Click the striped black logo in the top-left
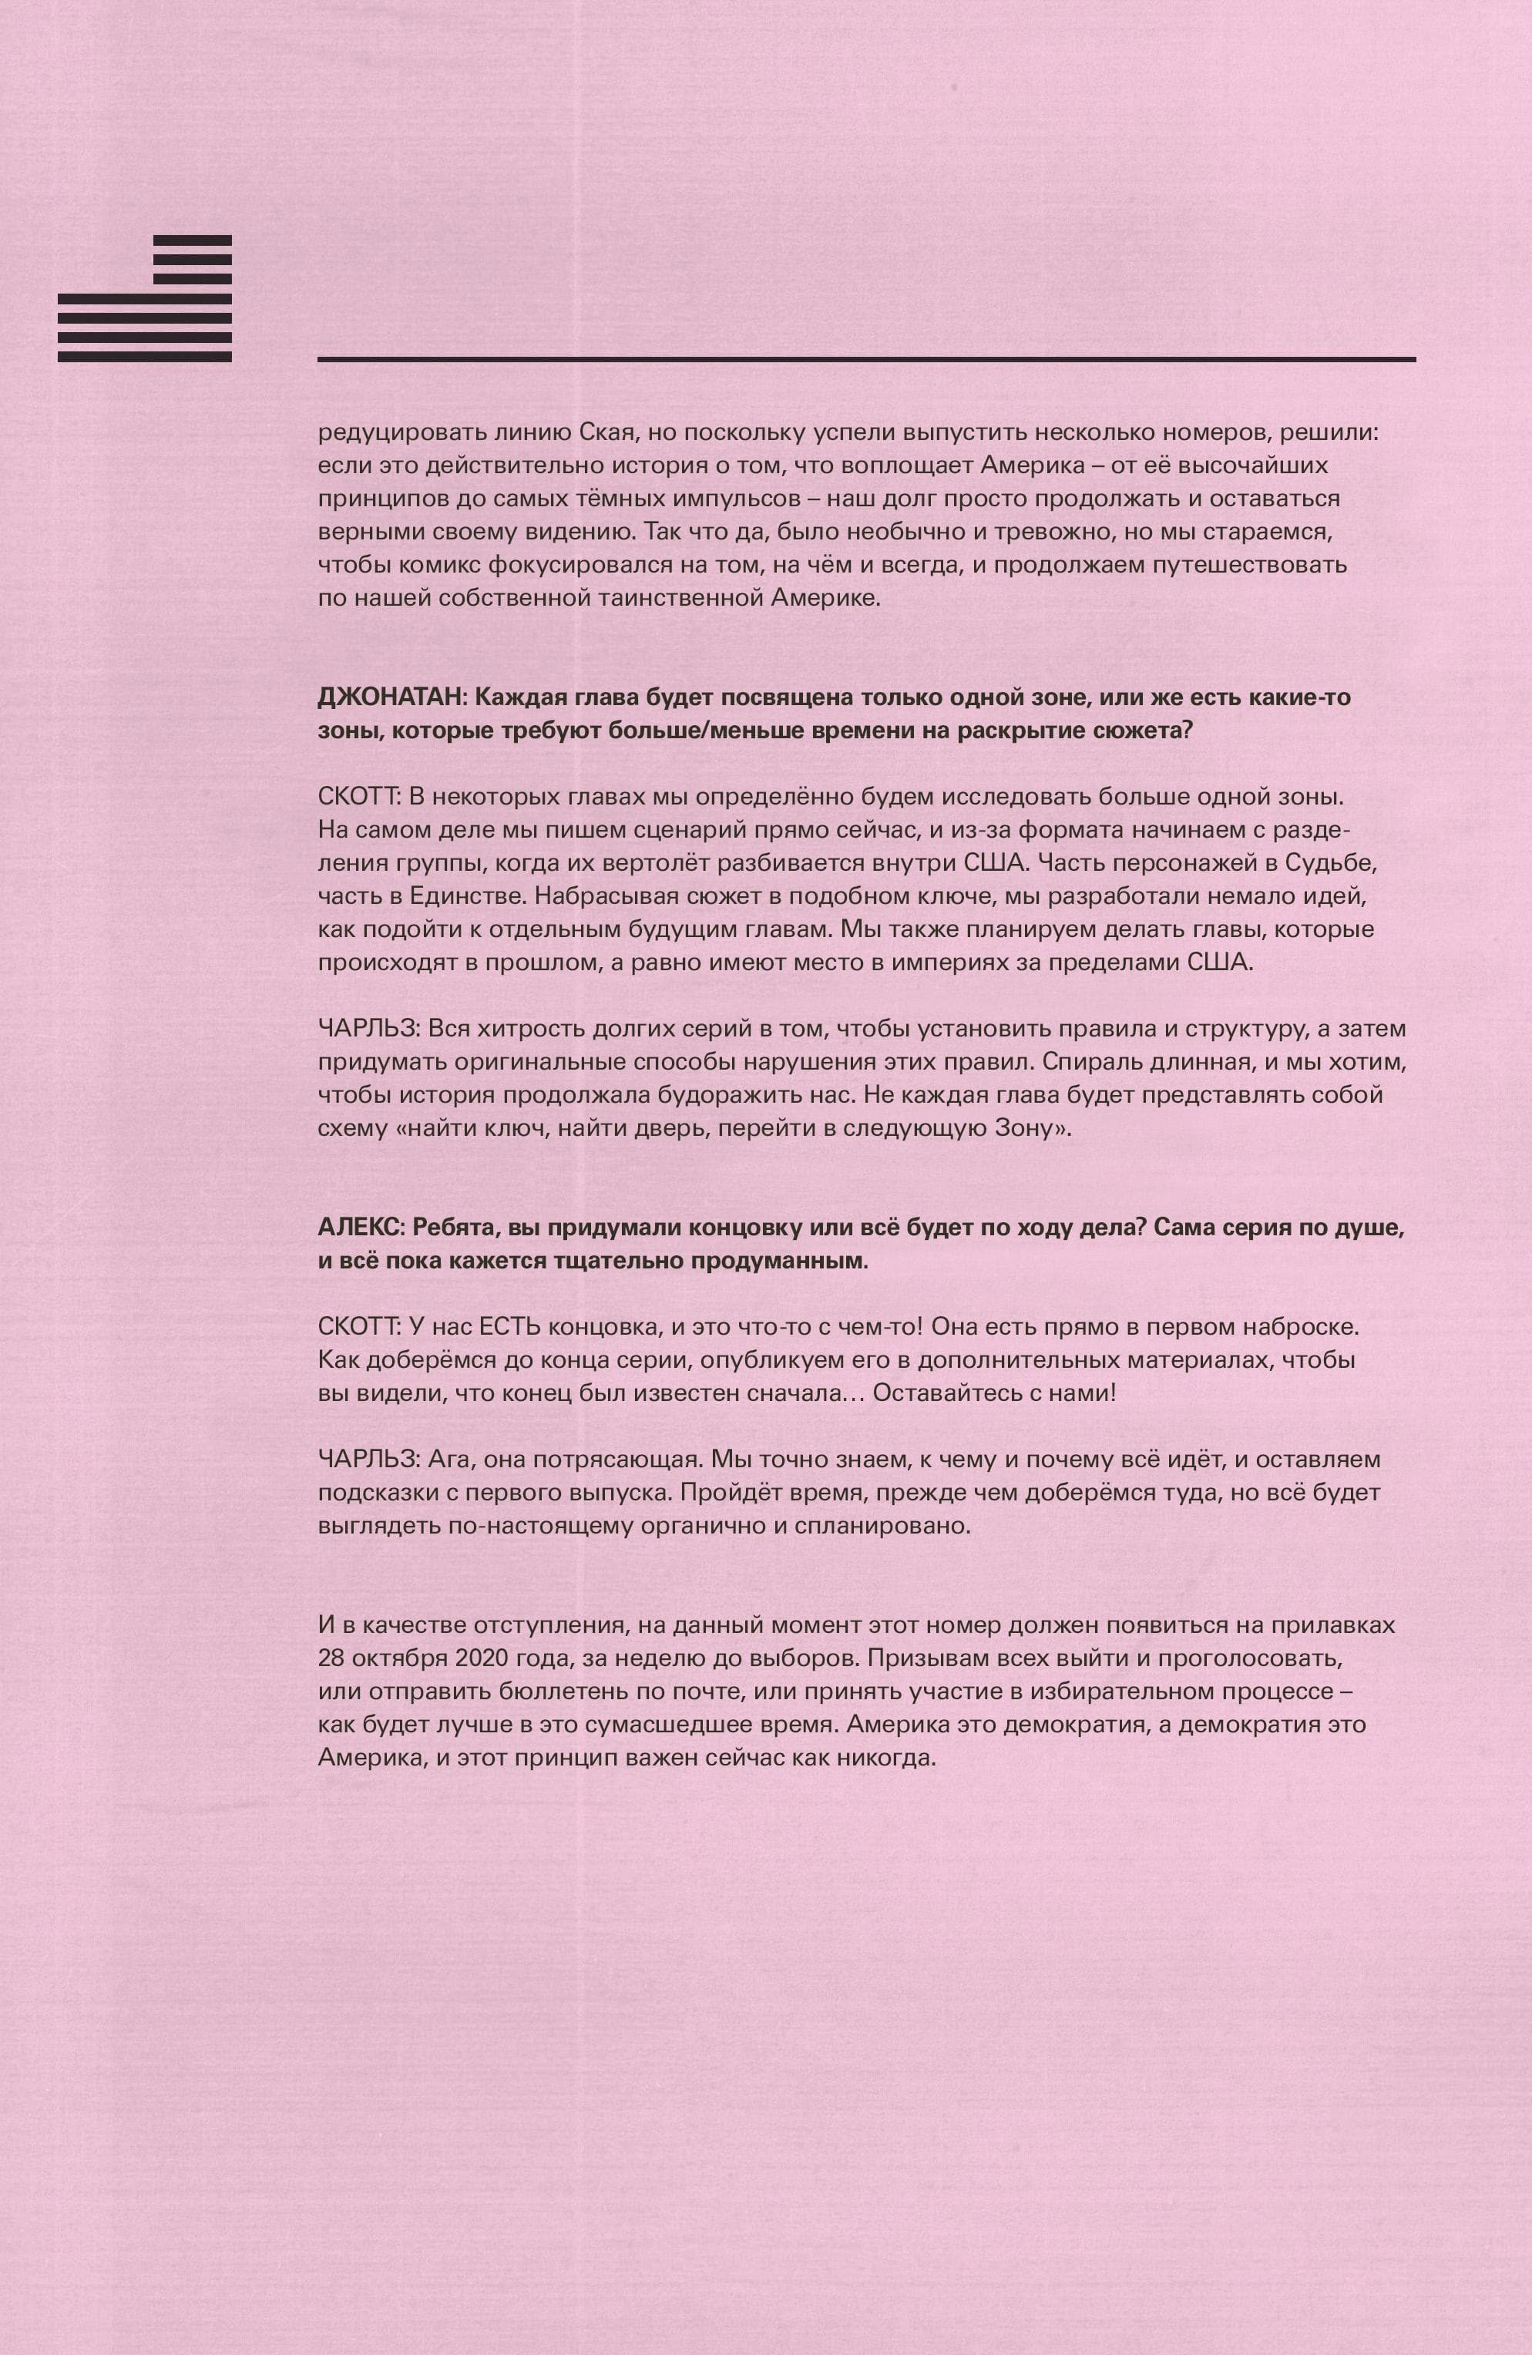tap(144, 297)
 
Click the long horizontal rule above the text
tap(866, 358)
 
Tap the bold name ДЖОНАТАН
tap(390, 697)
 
